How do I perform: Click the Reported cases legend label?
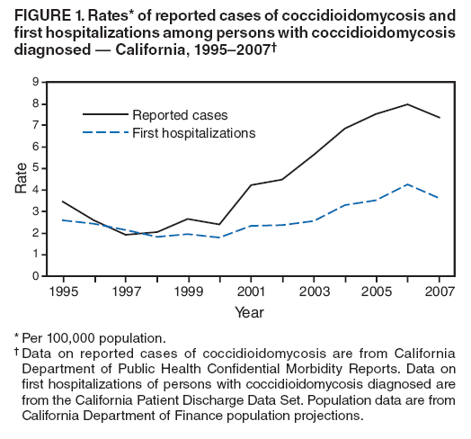click(x=180, y=114)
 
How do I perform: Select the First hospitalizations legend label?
click(x=193, y=132)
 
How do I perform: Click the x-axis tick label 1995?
click(x=62, y=293)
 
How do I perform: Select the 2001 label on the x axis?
click(x=250, y=293)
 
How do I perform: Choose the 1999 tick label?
click(x=187, y=293)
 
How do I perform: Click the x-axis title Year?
click(x=249, y=312)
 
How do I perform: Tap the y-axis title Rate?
click(x=19, y=180)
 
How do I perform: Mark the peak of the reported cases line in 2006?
click(x=406, y=104)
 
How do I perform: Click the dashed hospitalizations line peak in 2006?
click(x=406, y=184)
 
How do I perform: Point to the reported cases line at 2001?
click(x=250, y=185)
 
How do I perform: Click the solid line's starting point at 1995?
click(x=62, y=202)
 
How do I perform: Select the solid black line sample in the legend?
click(x=104, y=114)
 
